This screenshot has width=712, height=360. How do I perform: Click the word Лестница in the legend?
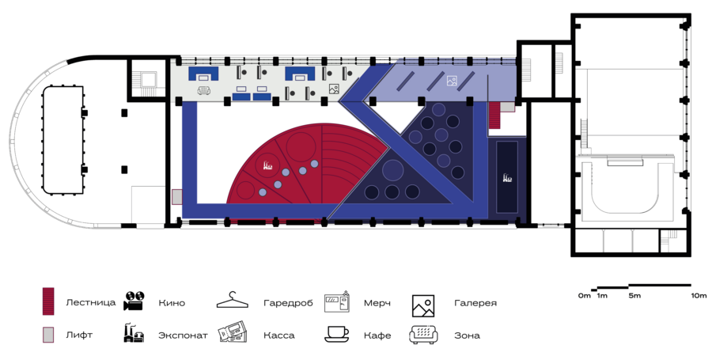pyautogui.click(x=91, y=302)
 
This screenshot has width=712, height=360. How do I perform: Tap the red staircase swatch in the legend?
pyautogui.click(x=48, y=301)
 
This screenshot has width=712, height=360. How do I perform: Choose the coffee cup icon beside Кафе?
pyautogui.click(x=337, y=333)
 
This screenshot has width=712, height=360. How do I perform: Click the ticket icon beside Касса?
pyautogui.click(x=234, y=332)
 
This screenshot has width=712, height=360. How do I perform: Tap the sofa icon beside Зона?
pyautogui.click(x=424, y=333)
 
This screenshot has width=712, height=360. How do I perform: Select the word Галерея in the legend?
pyautogui.click(x=475, y=302)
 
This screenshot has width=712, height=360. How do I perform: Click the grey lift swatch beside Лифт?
pyautogui.click(x=48, y=334)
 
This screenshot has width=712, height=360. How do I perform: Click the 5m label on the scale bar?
pyautogui.click(x=634, y=295)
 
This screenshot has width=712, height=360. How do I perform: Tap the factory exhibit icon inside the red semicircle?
pyautogui.click(x=269, y=166)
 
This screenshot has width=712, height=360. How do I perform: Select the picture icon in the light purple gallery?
pyautogui.click(x=452, y=80)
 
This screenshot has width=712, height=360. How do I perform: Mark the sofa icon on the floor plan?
pyautogui.click(x=205, y=91)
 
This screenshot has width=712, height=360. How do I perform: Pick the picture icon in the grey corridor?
pyautogui.click(x=334, y=89)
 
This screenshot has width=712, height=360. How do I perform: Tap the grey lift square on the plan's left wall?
pyautogui.click(x=176, y=197)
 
